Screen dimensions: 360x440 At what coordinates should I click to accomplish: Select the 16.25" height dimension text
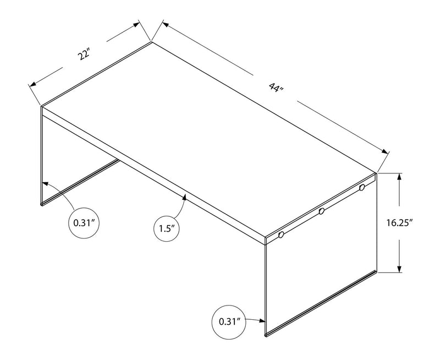coord(399,222)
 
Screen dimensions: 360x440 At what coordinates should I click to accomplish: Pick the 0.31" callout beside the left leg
coord(85,223)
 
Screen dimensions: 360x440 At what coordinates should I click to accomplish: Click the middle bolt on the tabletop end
coord(322,211)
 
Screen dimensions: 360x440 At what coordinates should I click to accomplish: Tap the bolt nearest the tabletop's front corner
coord(281,234)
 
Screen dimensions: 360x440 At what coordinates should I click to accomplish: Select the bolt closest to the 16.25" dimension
coord(362,188)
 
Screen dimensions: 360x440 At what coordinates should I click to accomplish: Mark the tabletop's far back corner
coord(151,41)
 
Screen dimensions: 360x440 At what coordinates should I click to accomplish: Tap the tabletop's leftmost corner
coord(41,105)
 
